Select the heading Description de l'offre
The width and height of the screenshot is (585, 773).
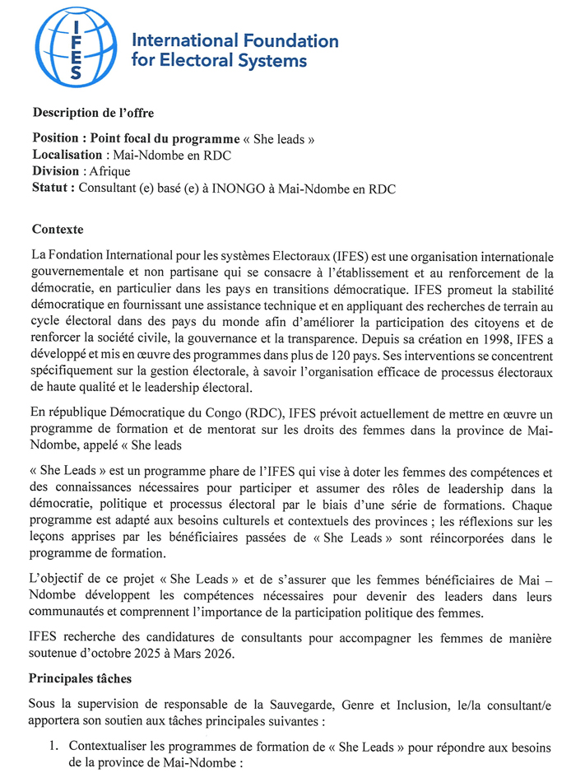(x=93, y=113)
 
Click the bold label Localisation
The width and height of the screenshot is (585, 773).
(x=67, y=155)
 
